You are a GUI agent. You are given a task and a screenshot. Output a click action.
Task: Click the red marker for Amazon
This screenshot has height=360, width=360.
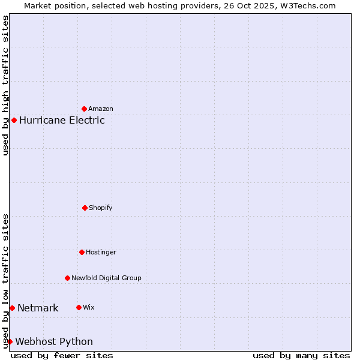click(85, 109)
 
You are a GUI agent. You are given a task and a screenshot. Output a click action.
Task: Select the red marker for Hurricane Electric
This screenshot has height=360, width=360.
click(14, 120)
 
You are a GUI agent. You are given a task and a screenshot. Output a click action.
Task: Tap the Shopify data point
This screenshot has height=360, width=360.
click(85, 208)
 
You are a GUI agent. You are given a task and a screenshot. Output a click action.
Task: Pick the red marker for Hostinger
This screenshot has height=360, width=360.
click(82, 252)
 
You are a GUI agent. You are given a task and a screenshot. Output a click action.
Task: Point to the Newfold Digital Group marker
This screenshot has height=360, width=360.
click(67, 278)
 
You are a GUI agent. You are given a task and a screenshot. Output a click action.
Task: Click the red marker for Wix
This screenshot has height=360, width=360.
click(79, 307)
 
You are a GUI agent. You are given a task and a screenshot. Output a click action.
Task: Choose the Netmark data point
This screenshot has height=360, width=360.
click(12, 308)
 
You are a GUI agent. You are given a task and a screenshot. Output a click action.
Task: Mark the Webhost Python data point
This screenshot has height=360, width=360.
click(10, 341)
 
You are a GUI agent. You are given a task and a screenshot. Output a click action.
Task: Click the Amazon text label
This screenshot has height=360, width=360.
click(101, 109)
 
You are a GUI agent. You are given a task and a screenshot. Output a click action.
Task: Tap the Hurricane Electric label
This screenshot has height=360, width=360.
click(62, 120)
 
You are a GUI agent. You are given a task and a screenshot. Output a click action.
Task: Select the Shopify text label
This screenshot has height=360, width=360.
click(101, 208)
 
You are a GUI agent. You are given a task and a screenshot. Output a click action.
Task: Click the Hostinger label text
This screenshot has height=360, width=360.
click(101, 253)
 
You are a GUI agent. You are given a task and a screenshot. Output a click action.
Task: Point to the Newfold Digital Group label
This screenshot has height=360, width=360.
click(106, 278)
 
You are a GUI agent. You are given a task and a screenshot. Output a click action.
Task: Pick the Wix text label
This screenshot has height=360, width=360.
click(89, 308)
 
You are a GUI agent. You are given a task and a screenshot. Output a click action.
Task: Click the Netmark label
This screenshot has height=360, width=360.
click(38, 308)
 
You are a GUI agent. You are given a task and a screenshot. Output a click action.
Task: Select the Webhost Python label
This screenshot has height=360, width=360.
click(54, 342)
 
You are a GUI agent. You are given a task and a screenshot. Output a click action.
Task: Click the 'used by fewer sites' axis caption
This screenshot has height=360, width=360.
click(62, 355)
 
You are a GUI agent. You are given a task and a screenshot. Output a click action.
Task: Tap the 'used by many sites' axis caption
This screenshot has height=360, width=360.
click(301, 355)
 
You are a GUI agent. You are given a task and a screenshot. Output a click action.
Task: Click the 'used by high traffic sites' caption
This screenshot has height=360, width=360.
click(5, 85)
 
